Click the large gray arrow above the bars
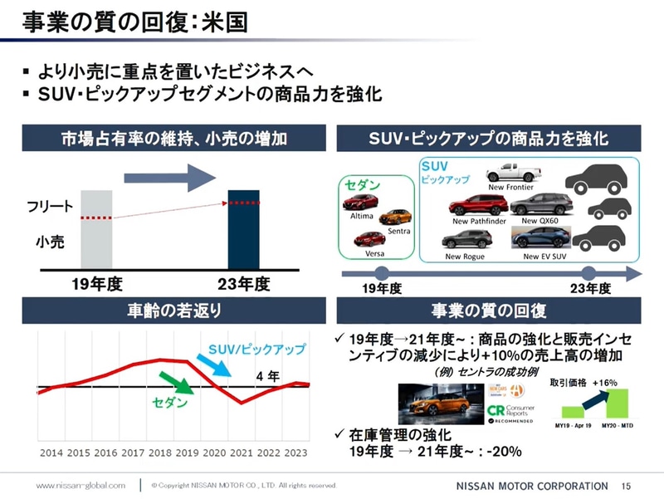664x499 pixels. click(x=169, y=176)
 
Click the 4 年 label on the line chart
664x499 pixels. click(x=267, y=375)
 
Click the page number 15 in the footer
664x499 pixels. click(x=627, y=485)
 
